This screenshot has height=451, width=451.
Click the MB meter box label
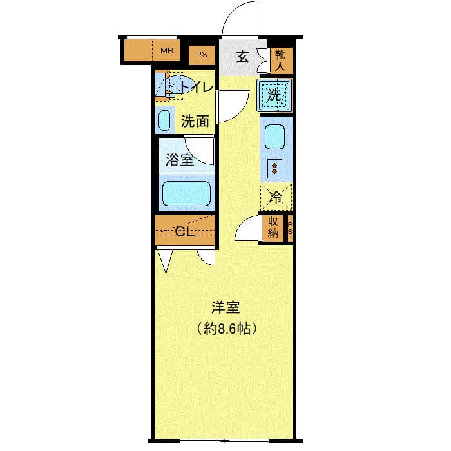click(166, 51)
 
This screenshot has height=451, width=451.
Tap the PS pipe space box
click(202, 55)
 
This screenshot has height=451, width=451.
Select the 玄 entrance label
click(242, 57)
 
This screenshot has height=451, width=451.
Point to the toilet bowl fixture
click(177, 86)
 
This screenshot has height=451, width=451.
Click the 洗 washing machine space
click(275, 95)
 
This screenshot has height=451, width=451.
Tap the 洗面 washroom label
click(195, 120)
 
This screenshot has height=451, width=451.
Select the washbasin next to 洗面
click(165, 120)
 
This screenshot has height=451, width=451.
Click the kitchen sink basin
click(276, 136)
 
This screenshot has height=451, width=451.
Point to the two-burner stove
click(275, 169)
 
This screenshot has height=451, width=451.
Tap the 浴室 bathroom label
click(178, 160)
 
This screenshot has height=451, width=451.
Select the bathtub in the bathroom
click(186, 193)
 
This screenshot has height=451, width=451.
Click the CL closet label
click(186, 232)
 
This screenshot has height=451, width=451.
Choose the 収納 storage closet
click(272, 227)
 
